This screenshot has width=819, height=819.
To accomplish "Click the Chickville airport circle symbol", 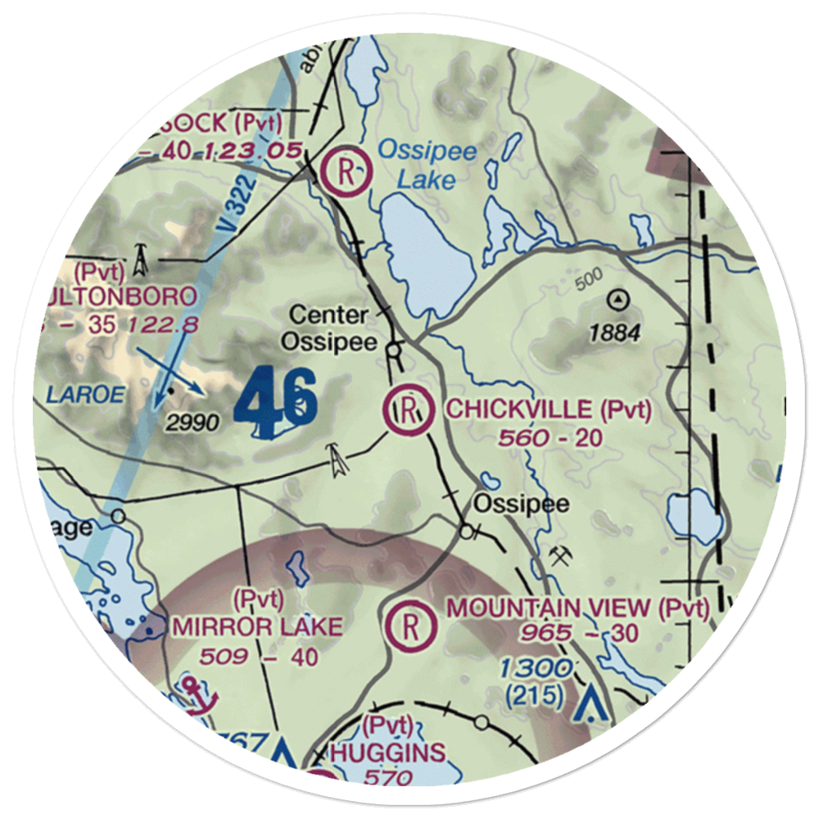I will pos(409,410).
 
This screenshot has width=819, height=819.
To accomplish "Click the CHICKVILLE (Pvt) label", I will pos(548,409).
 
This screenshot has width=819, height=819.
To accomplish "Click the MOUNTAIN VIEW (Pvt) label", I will pos(577,609).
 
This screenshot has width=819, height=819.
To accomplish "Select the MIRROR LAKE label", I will pos(256,627).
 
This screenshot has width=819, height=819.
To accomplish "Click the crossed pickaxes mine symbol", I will pos(562,556).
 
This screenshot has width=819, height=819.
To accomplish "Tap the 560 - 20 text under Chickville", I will pos(550,438).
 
